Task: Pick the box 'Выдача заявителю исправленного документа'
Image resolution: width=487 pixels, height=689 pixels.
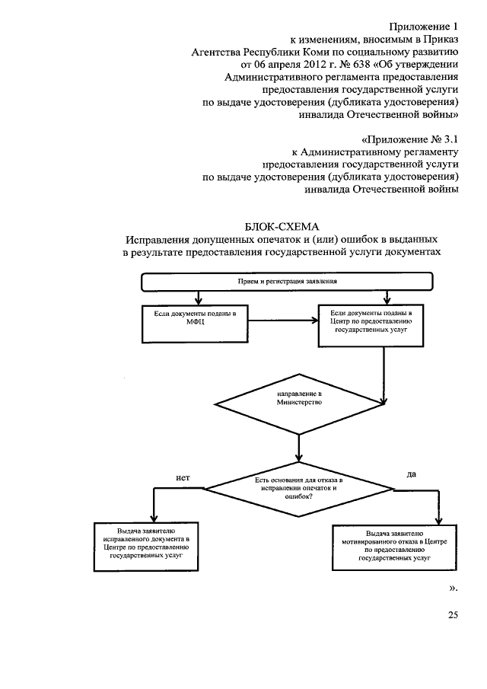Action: pos(147,544)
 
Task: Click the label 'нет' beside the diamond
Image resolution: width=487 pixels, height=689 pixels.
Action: pos(182,477)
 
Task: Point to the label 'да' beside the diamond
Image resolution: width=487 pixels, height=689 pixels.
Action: pos(412,474)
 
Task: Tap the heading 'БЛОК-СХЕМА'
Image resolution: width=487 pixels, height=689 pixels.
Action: pos(282,226)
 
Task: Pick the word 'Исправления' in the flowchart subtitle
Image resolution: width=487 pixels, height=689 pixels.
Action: pos(160,239)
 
